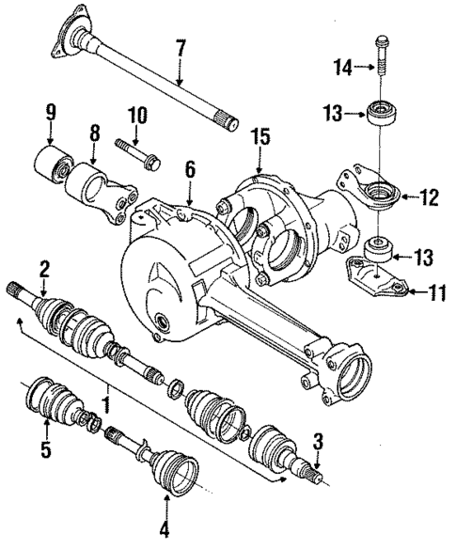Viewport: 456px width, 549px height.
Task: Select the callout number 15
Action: point(261,138)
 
